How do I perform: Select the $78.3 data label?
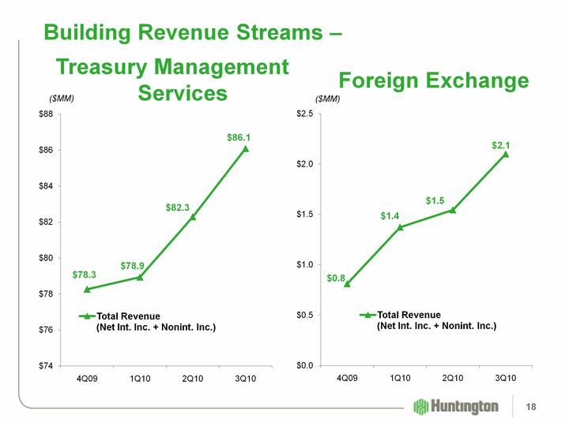click(x=84, y=275)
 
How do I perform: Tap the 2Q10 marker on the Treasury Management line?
click(x=193, y=217)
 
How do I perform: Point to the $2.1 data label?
click(x=500, y=145)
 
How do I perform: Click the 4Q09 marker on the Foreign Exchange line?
click(x=347, y=283)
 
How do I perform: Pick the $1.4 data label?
click(x=390, y=215)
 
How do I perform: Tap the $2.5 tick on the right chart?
click(x=305, y=114)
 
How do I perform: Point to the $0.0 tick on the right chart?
click(x=305, y=365)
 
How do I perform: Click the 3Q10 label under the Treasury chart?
click(x=245, y=379)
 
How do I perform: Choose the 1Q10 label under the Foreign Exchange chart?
click(x=400, y=379)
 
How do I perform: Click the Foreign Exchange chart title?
click(x=433, y=80)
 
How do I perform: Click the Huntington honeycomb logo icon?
click(x=421, y=406)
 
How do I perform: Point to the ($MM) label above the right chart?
click(x=327, y=99)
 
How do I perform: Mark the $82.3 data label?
click(x=178, y=207)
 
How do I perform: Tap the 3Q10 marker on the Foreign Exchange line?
click(x=505, y=154)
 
